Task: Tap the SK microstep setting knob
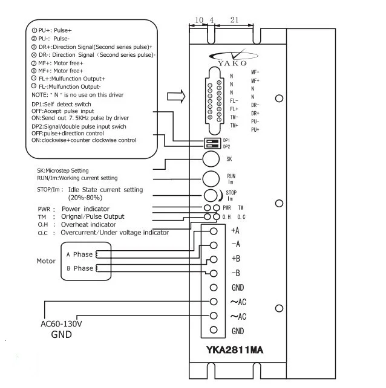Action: tap(211, 159)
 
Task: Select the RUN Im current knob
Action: tap(211, 178)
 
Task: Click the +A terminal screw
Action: tap(213, 231)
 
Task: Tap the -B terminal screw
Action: tap(213, 273)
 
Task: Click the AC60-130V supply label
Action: tap(62, 323)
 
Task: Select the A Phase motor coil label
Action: tap(79, 254)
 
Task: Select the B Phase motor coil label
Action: tap(79, 268)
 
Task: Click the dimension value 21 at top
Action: tap(234, 20)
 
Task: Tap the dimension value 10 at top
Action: tap(199, 20)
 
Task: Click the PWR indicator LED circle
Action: tap(208, 208)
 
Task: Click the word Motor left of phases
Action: tap(46, 261)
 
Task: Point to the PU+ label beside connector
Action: tap(255, 129)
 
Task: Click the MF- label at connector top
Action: tap(255, 72)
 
